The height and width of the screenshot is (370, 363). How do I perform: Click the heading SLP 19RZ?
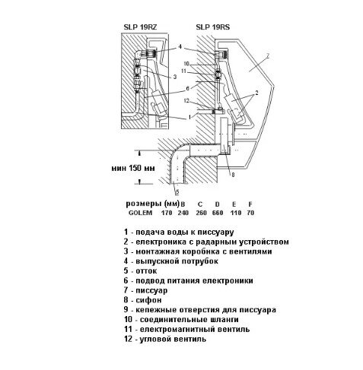tap(140, 27)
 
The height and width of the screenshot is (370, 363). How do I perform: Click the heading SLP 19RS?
tap(213, 27)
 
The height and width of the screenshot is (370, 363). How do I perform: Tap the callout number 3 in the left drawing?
tap(175, 77)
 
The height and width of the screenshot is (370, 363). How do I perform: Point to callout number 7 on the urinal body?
tap(267, 56)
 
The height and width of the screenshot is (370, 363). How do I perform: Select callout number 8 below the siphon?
tap(233, 174)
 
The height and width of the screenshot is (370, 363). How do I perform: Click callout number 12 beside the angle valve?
tap(186, 100)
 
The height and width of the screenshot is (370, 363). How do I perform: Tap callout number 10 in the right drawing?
tap(186, 63)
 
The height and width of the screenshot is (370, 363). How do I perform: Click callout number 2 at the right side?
tap(256, 93)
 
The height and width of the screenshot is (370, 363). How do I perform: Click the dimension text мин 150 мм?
tap(133, 168)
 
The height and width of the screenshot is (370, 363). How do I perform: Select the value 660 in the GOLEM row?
tap(218, 213)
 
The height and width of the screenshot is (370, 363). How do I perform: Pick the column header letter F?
tap(250, 204)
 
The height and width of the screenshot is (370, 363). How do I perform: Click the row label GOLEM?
tap(140, 213)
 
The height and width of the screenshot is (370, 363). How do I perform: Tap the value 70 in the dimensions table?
tap(250, 213)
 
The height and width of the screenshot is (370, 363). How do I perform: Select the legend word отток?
tap(146, 270)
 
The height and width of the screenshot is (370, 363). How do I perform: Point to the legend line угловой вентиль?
tap(173, 339)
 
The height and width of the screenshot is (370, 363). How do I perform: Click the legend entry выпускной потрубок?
tap(177, 261)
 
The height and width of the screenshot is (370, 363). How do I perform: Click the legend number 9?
tap(126, 309)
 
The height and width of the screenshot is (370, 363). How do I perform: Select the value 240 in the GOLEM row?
tap(183, 213)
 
